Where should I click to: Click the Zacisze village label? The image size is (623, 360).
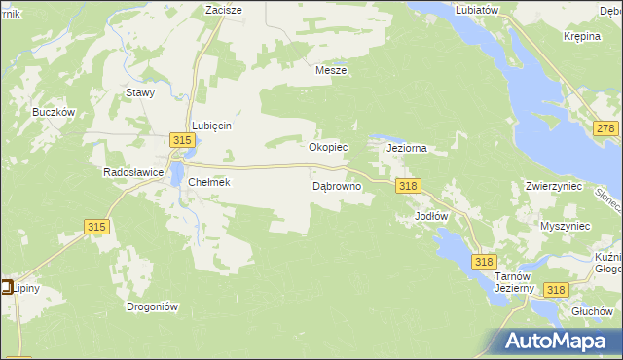[x=223, y=9]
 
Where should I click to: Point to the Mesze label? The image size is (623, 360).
[x=331, y=70]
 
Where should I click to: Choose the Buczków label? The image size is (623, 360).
[x=54, y=112]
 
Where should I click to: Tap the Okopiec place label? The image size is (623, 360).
[x=328, y=148]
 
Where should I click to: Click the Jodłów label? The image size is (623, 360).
[x=430, y=215]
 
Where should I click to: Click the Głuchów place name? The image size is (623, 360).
[x=591, y=309]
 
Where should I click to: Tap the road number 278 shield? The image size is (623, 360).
[x=606, y=129]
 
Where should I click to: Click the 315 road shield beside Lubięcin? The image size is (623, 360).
[x=181, y=141]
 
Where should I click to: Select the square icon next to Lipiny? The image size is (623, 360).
[x=6, y=287]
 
